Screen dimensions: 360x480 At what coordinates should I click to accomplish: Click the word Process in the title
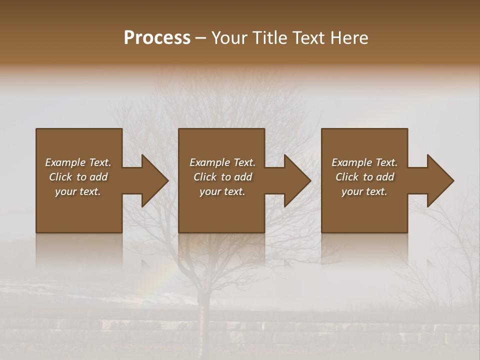[157, 38]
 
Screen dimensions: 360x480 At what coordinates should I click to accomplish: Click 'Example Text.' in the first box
[78, 162]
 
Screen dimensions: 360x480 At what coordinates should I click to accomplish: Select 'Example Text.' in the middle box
[222, 162]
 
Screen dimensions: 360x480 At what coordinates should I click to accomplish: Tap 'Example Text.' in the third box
[364, 162]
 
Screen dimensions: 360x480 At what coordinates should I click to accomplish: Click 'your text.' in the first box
[78, 191]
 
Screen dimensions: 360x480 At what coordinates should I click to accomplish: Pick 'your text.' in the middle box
[222, 191]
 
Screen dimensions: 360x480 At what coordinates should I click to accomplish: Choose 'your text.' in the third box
[364, 191]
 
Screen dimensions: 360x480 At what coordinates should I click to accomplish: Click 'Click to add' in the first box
[78, 177]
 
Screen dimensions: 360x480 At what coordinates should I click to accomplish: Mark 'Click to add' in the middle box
[222, 177]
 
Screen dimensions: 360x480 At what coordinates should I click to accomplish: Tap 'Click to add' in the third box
[364, 177]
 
